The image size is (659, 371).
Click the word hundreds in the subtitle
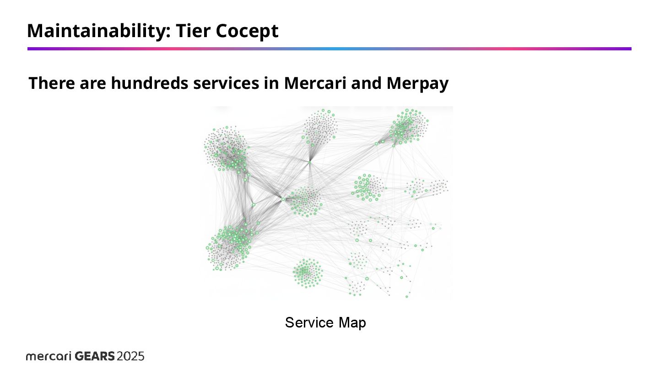point(149,83)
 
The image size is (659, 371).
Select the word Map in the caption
point(352,323)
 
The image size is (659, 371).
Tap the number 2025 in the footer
point(130,356)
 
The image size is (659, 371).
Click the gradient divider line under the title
point(329,49)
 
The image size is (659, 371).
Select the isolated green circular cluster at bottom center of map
point(308,273)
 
